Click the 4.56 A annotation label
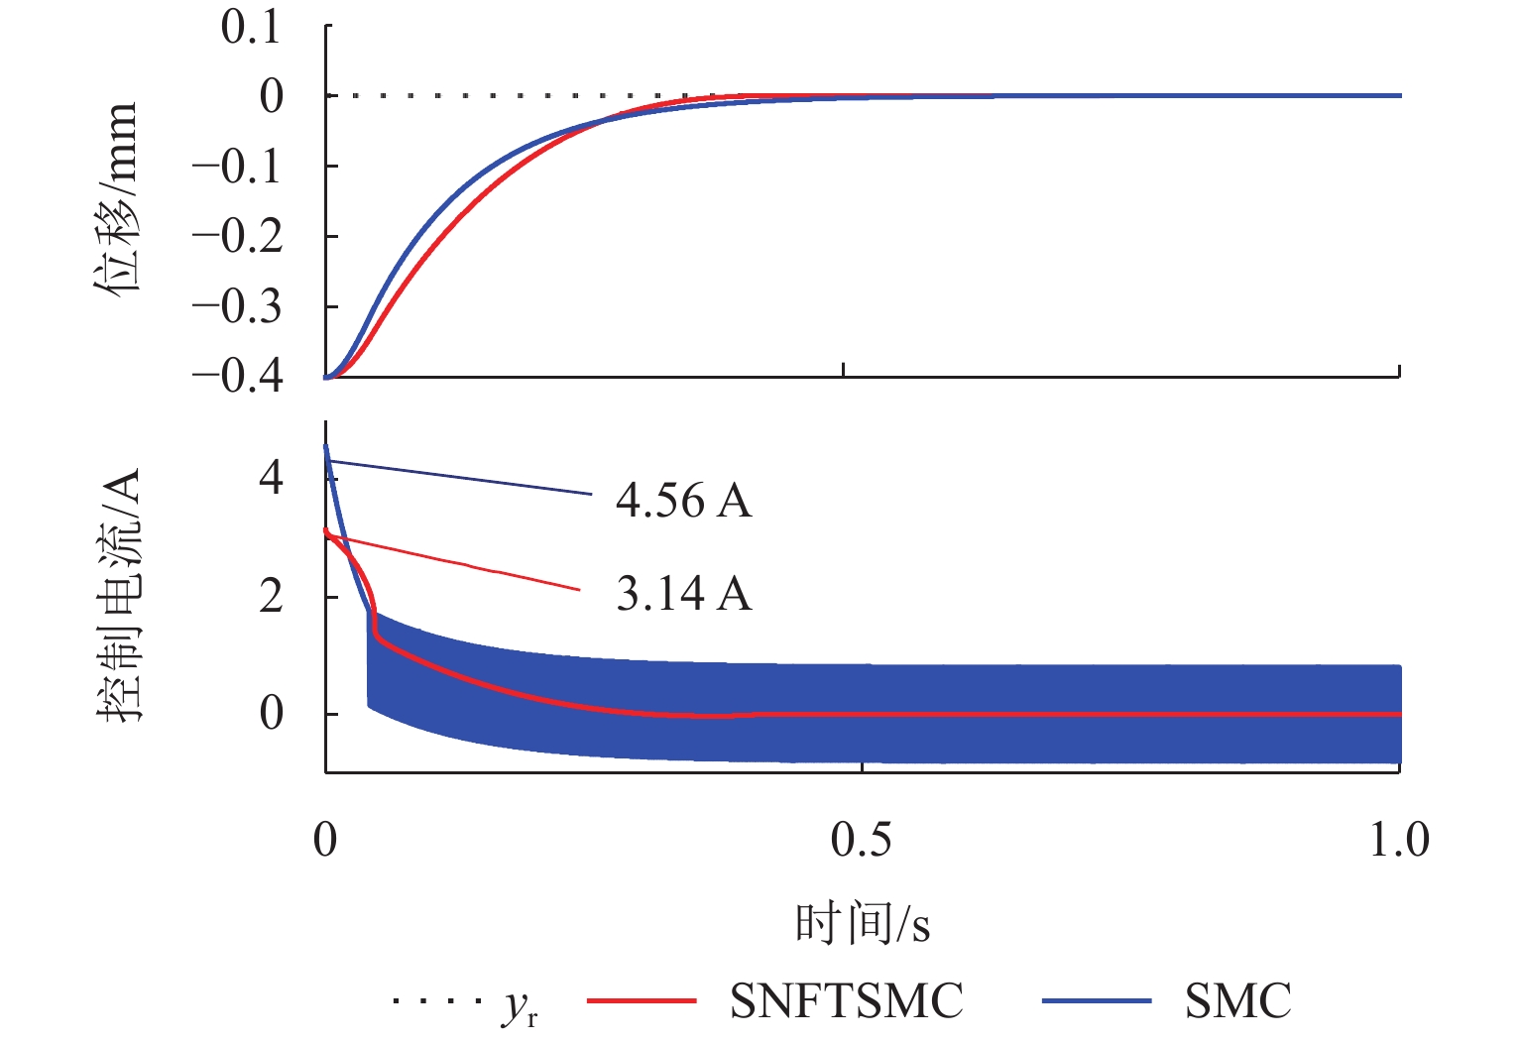pos(683,502)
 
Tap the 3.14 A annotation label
pos(683,594)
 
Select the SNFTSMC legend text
pos(847,1001)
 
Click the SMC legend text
pos(1238,1001)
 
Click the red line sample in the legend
pos(642,1001)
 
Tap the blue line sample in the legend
pos(1097,1001)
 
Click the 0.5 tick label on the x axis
pos(861,840)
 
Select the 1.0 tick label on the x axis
pos(1399,840)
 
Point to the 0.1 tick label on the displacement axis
pos(252,28)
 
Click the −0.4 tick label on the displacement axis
pos(238,377)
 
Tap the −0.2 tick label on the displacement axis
pos(238,237)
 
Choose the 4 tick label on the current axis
pos(271,479)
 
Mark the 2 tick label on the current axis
pos(271,597)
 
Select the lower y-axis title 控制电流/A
pos(120,596)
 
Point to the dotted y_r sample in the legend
pos(433,1001)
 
